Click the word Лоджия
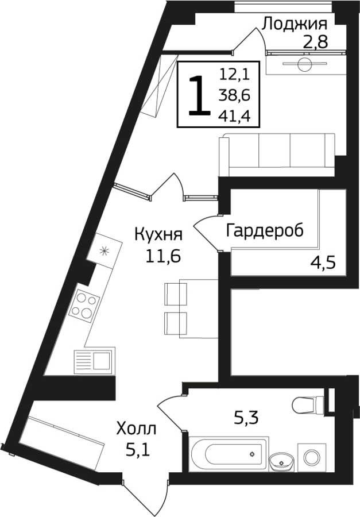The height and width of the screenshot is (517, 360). tap(295, 25)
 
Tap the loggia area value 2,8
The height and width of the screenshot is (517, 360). tap(315, 42)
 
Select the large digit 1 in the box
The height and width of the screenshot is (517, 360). tap(199, 95)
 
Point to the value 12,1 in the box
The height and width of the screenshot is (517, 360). tap(235, 75)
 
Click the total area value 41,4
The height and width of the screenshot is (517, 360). tap(235, 115)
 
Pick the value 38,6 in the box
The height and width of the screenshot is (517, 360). tap(235, 95)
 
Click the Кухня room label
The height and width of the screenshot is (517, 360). tap(158, 236)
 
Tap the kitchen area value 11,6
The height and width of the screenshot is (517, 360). tap(163, 256)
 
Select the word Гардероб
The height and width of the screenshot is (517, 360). tap(265, 231)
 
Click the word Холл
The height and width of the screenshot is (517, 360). tap(136, 430)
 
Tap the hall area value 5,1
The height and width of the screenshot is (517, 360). tap(138, 450)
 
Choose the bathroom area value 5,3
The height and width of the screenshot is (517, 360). tap(246, 418)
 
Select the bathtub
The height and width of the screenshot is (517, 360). tap(229, 453)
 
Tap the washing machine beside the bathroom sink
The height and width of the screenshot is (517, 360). tap(312, 457)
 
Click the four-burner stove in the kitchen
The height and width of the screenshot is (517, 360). tap(84, 306)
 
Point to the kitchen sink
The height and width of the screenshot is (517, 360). tap(94, 362)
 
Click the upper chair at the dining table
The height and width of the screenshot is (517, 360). tap(176, 294)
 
